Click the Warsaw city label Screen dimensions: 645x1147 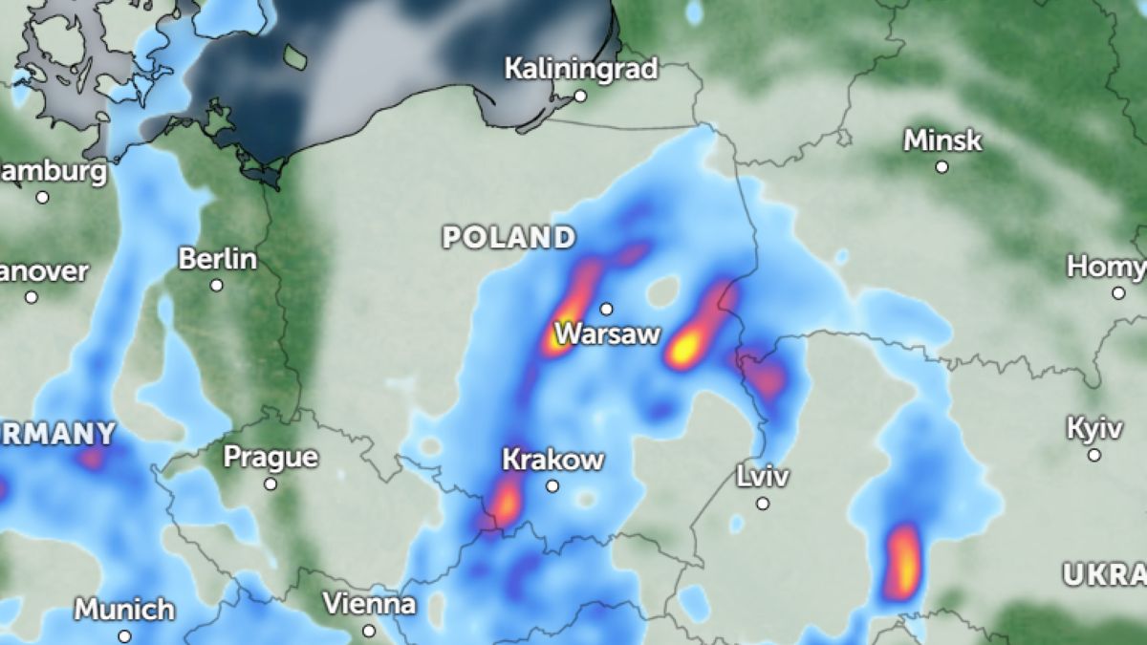[607, 334]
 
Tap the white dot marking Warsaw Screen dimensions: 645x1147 [606, 309]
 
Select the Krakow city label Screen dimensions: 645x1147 [552, 460]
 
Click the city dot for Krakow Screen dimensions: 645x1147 [552, 486]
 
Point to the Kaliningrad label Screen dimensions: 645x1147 [580, 69]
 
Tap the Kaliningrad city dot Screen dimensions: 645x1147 [580, 96]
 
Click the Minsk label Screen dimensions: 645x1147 [942, 140]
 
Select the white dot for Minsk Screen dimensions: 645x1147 [942, 166]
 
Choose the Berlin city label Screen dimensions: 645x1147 [218, 259]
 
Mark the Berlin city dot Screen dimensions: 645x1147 [217, 285]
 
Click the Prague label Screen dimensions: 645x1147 [271, 457]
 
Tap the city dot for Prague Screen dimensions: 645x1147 [271, 484]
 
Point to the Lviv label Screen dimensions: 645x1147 [763, 476]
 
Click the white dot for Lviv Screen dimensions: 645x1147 [763, 503]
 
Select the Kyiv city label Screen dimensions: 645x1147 [1094, 428]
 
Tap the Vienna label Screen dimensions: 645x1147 [369, 604]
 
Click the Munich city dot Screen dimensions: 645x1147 [125, 635]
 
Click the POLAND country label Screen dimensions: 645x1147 [509, 237]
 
